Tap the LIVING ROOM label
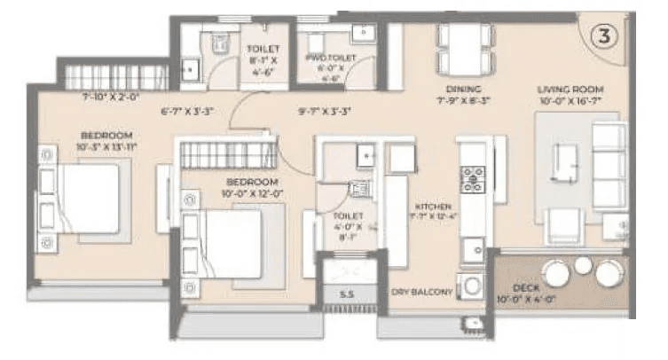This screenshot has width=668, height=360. pyautogui.click(x=570, y=90)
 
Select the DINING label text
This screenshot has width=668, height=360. pyautogui.click(x=463, y=90)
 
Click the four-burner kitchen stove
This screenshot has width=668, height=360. pyautogui.click(x=471, y=179)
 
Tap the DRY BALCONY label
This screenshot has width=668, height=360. pyautogui.click(x=422, y=292)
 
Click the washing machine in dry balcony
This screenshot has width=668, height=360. pyautogui.click(x=473, y=286)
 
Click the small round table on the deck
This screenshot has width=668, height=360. pyautogui.click(x=583, y=265)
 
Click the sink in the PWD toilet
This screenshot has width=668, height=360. pyautogui.click(x=363, y=33)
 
